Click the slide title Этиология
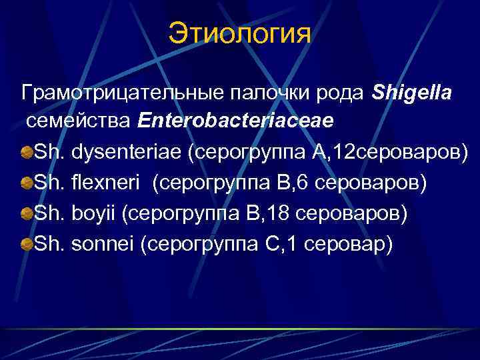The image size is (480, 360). (x=239, y=34)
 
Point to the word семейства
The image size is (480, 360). (x=79, y=123)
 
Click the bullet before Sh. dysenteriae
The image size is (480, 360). (x=27, y=154)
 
